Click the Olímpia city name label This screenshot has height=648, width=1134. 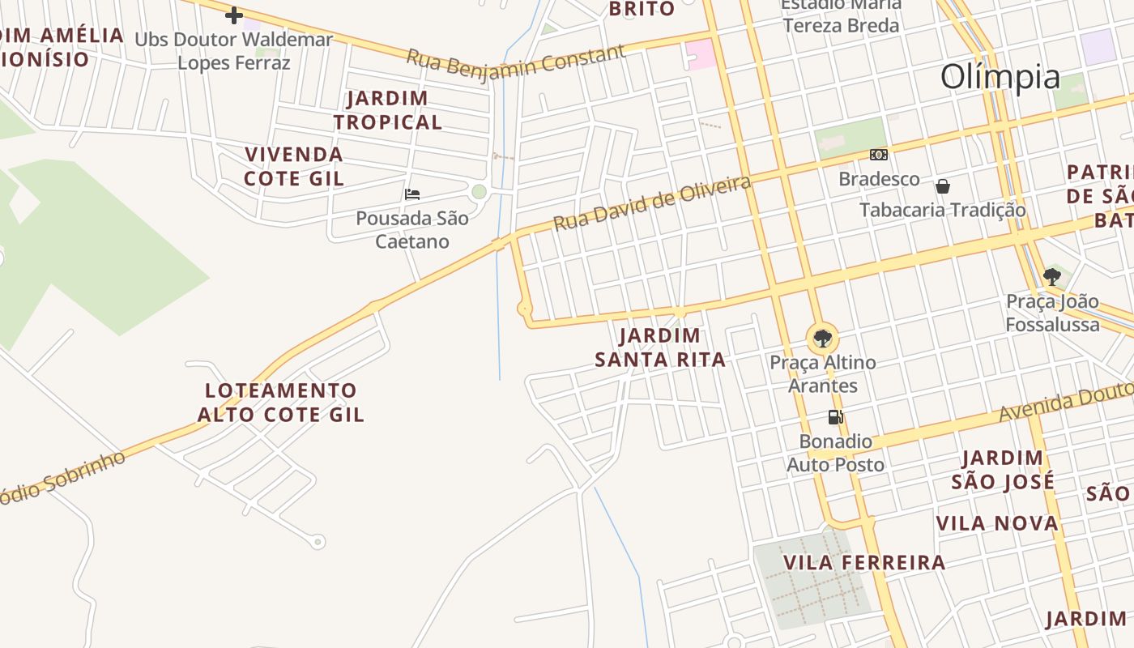click(x=1000, y=78)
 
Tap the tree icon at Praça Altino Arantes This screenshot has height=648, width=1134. click(x=822, y=338)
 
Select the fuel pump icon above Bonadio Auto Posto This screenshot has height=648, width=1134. click(x=835, y=417)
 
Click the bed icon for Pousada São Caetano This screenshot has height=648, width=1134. click(x=412, y=194)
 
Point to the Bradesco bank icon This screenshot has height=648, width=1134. click(x=879, y=155)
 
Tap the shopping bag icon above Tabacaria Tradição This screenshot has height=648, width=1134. click(x=943, y=186)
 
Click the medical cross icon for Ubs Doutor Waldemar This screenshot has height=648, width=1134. click(x=234, y=15)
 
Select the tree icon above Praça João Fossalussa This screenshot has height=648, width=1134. click(x=1051, y=277)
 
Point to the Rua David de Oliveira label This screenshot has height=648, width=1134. click(x=652, y=203)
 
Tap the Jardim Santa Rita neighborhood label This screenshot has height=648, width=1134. click(x=660, y=347)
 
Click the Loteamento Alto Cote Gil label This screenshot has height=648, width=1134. click(x=281, y=403)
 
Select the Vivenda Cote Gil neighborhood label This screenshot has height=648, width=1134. click(x=294, y=166)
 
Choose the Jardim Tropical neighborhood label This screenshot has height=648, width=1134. click(x=388, y=110)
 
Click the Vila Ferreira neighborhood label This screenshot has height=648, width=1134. click(x=864, y=562)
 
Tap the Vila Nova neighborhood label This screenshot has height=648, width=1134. click(x=997, y=523)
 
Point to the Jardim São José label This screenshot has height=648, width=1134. click(x=1003, y=470)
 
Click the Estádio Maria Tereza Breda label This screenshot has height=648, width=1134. click(x=841, y=16)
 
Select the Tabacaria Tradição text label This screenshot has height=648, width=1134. click(x=942, y=210)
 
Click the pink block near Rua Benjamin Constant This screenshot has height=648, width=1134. click(x=700, y=54)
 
